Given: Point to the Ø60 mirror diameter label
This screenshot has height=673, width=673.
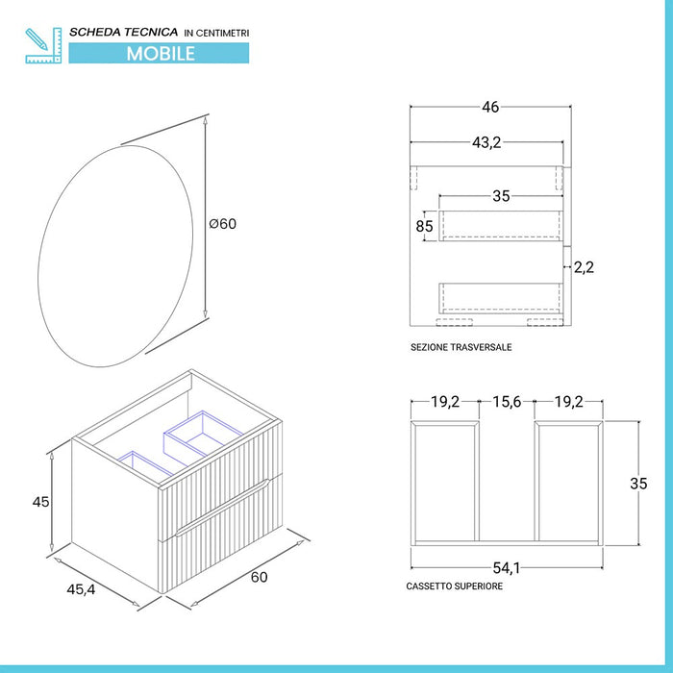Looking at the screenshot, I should (222, 224).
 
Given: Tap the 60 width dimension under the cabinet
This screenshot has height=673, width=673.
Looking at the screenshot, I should (259, 577).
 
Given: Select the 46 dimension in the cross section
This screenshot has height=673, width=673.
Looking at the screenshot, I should (490, 108).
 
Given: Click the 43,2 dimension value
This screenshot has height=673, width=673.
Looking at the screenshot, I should (486, 142).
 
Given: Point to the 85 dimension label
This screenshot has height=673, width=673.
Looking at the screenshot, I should (424, 227).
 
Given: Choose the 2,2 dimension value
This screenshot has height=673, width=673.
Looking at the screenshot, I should (584, 267).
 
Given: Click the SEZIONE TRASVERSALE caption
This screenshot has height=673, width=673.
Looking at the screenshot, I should (461, 347).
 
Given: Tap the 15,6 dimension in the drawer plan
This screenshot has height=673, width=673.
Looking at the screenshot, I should (507, 402).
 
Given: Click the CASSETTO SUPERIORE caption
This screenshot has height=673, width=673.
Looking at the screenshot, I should (455, 586).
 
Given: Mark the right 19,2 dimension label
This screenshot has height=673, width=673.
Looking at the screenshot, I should (569, 402).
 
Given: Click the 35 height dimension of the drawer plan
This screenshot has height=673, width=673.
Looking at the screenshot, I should (638, 484).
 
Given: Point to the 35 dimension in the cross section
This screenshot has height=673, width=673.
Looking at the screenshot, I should (501, 197).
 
